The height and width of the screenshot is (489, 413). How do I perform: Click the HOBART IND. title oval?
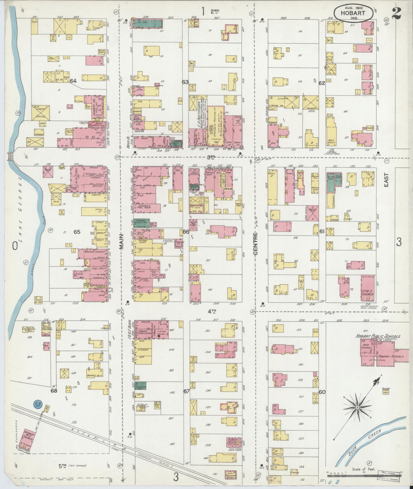click(353, 13)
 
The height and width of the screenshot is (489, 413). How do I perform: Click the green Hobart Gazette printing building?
click(141, 223)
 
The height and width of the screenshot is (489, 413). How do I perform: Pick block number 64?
click(73, 81)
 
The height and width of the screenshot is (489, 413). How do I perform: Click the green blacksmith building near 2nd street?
click(149, 24)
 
